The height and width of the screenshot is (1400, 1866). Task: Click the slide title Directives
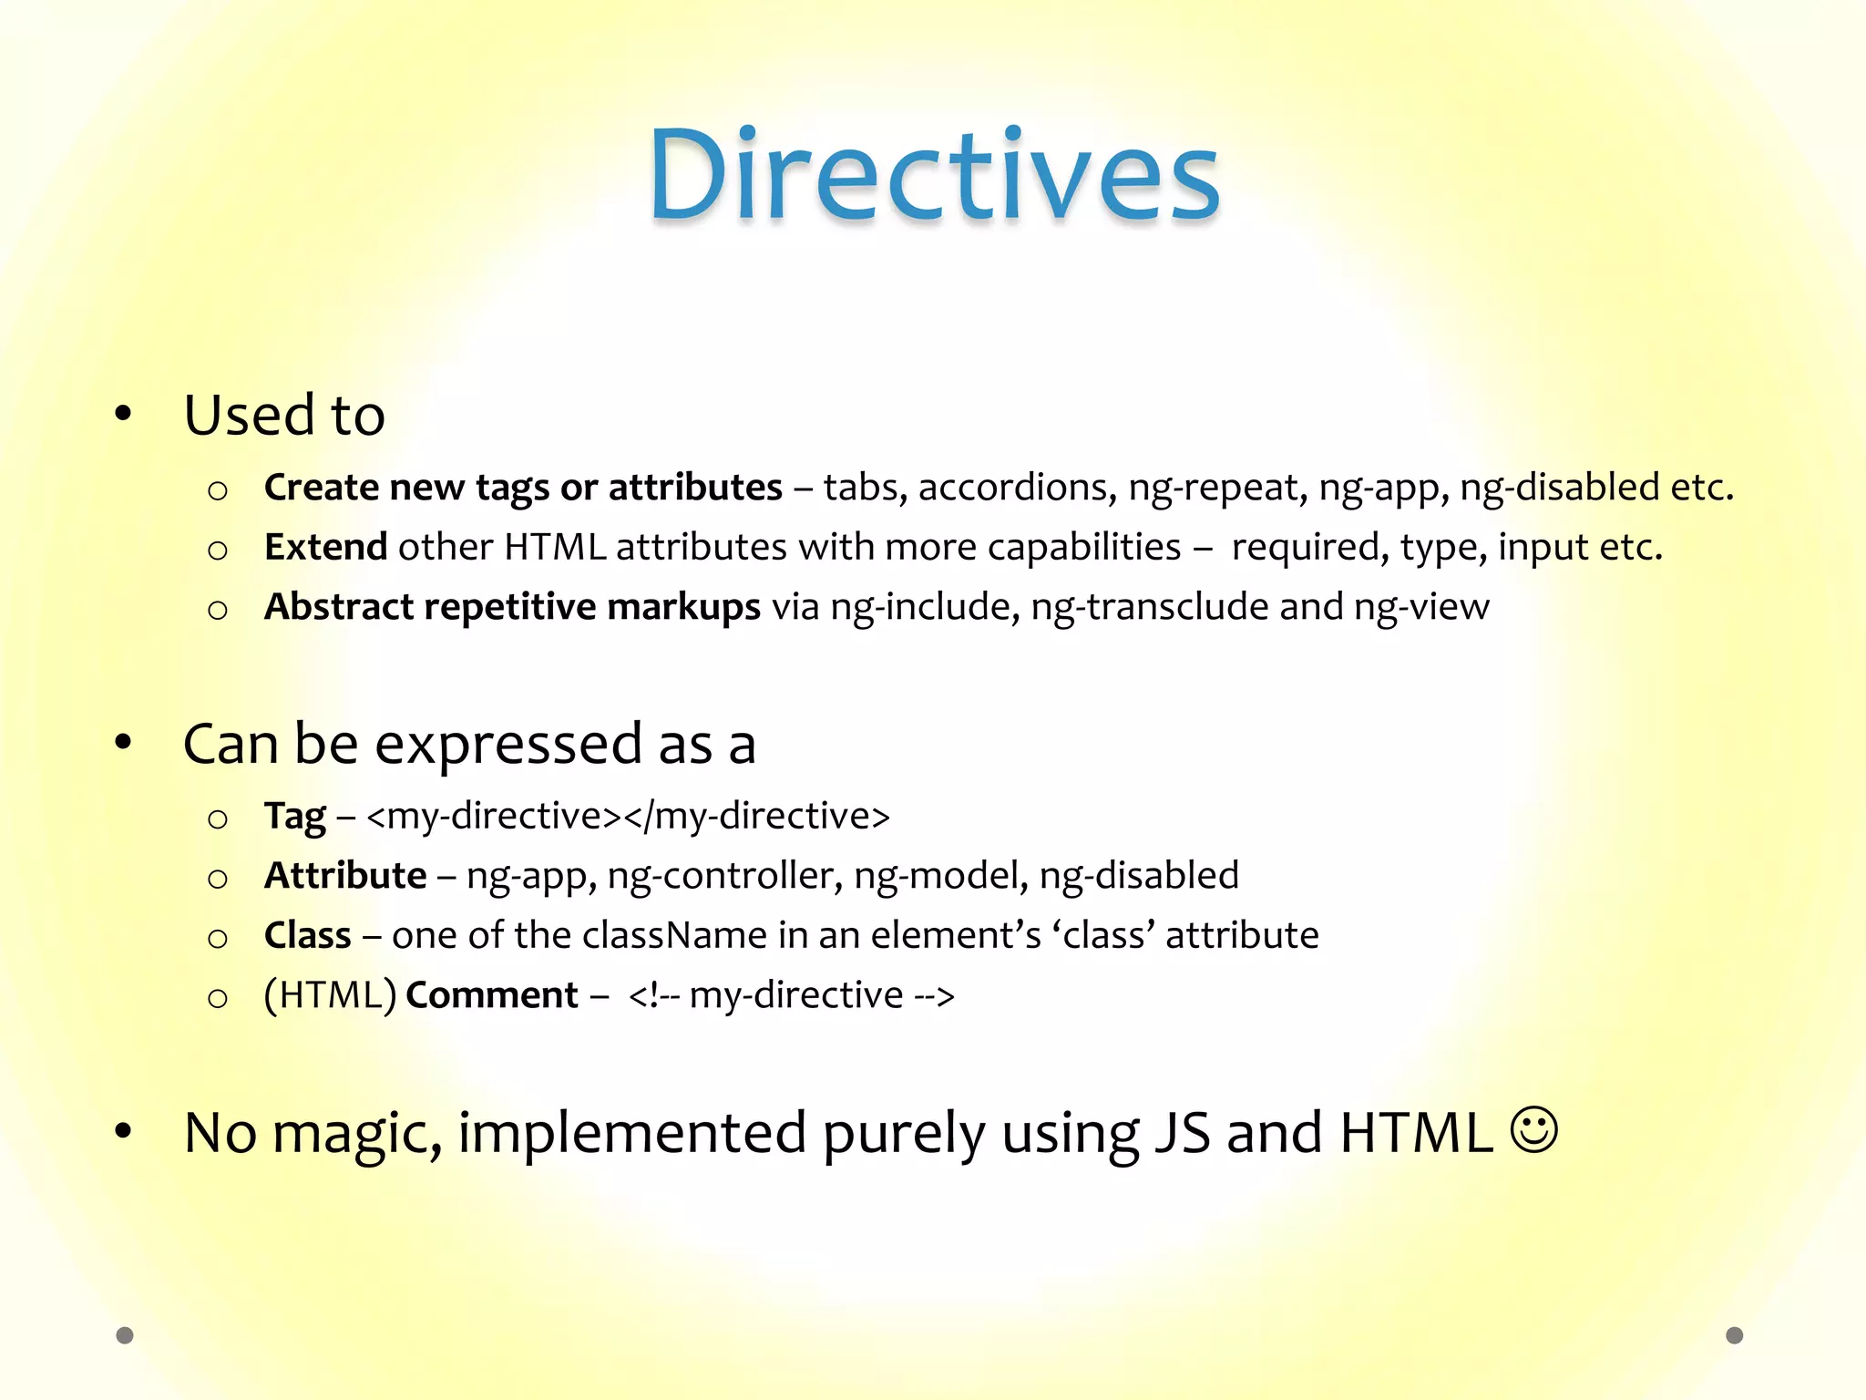(934, 175)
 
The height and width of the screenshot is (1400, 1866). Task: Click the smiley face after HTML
(1534, 1130)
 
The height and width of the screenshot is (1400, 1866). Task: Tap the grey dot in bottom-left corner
(125, 1335)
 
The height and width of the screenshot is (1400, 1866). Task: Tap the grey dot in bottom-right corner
(1735, 1335)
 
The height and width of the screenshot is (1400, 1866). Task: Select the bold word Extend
(325, 547)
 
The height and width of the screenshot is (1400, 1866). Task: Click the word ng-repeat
(1217, 489)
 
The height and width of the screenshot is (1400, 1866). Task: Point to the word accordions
(1017, 489)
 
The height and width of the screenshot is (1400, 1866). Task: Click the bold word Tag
(294, 817)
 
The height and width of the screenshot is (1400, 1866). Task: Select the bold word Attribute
(345, 876)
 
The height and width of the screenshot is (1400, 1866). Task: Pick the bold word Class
(307, 936)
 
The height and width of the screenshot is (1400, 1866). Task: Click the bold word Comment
(491, 995)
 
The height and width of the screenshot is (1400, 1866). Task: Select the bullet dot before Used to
(124, 415)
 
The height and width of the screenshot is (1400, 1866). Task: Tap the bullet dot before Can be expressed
(124, 743)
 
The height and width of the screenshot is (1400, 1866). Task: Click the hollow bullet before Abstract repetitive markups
(217, 610)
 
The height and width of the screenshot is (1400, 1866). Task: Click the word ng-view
(1421, 607)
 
